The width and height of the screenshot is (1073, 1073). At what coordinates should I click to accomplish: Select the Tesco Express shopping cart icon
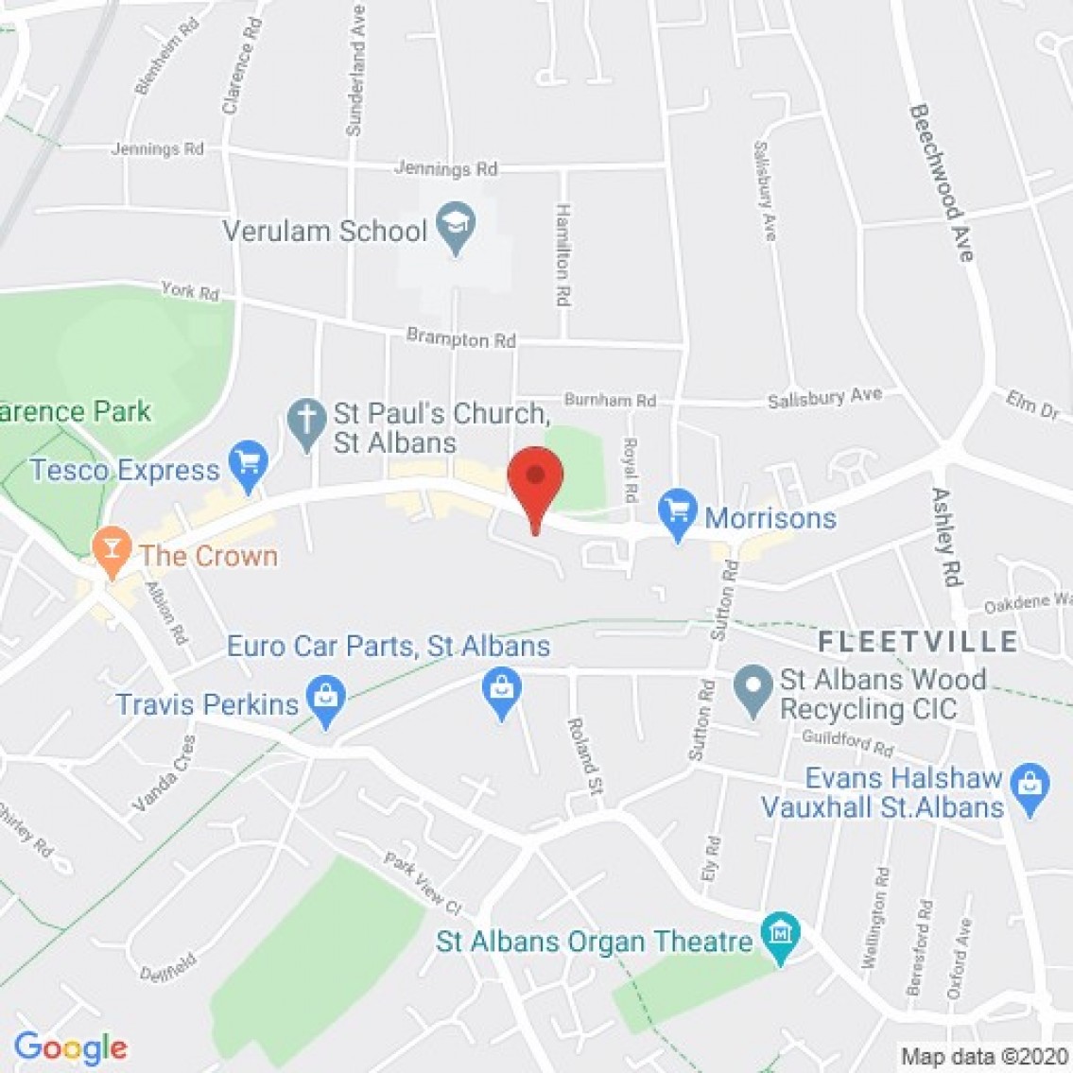click(x=250, y=464)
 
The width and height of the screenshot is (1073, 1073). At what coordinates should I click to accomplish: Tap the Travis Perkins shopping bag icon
click(x=325, y=701)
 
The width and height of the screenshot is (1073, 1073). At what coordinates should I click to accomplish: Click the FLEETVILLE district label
click(x=918, y=642)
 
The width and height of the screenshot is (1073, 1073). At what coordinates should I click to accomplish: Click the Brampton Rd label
click(x=461, y=338)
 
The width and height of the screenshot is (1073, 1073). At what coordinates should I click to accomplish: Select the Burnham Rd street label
click(x=610, y=401)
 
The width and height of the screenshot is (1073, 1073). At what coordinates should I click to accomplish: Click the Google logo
click(x=70, y=1047)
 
